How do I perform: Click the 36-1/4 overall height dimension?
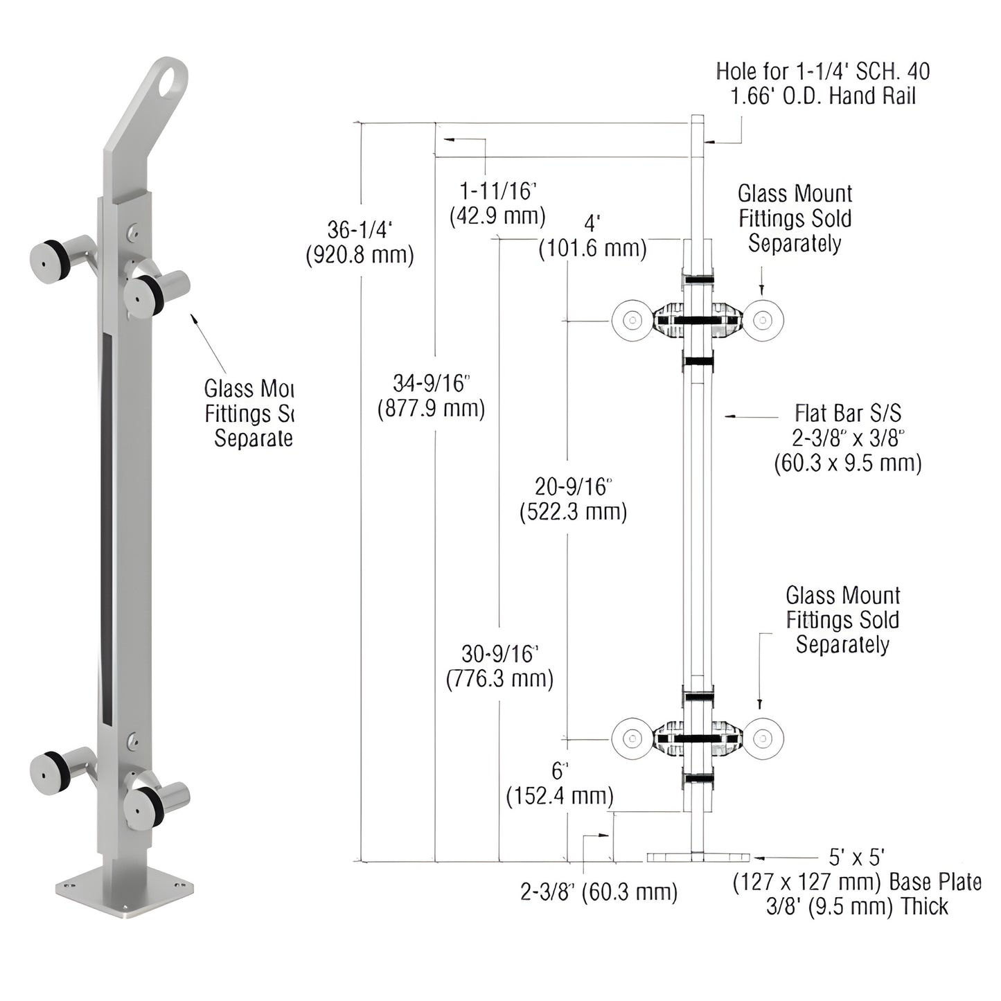point(360,242)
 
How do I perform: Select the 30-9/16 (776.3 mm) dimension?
point(499,666)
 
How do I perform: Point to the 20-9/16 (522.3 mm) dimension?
point(573,499)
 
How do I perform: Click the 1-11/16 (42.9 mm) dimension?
point(498,203)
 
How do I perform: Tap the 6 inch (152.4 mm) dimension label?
point(560,784)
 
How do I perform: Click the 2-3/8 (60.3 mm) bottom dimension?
point(599,891)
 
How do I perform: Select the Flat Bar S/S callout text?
point(848,438)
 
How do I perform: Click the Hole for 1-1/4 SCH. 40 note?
point(823,83)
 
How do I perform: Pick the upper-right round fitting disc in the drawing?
point(763,320)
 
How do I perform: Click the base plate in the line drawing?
point(698,858)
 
